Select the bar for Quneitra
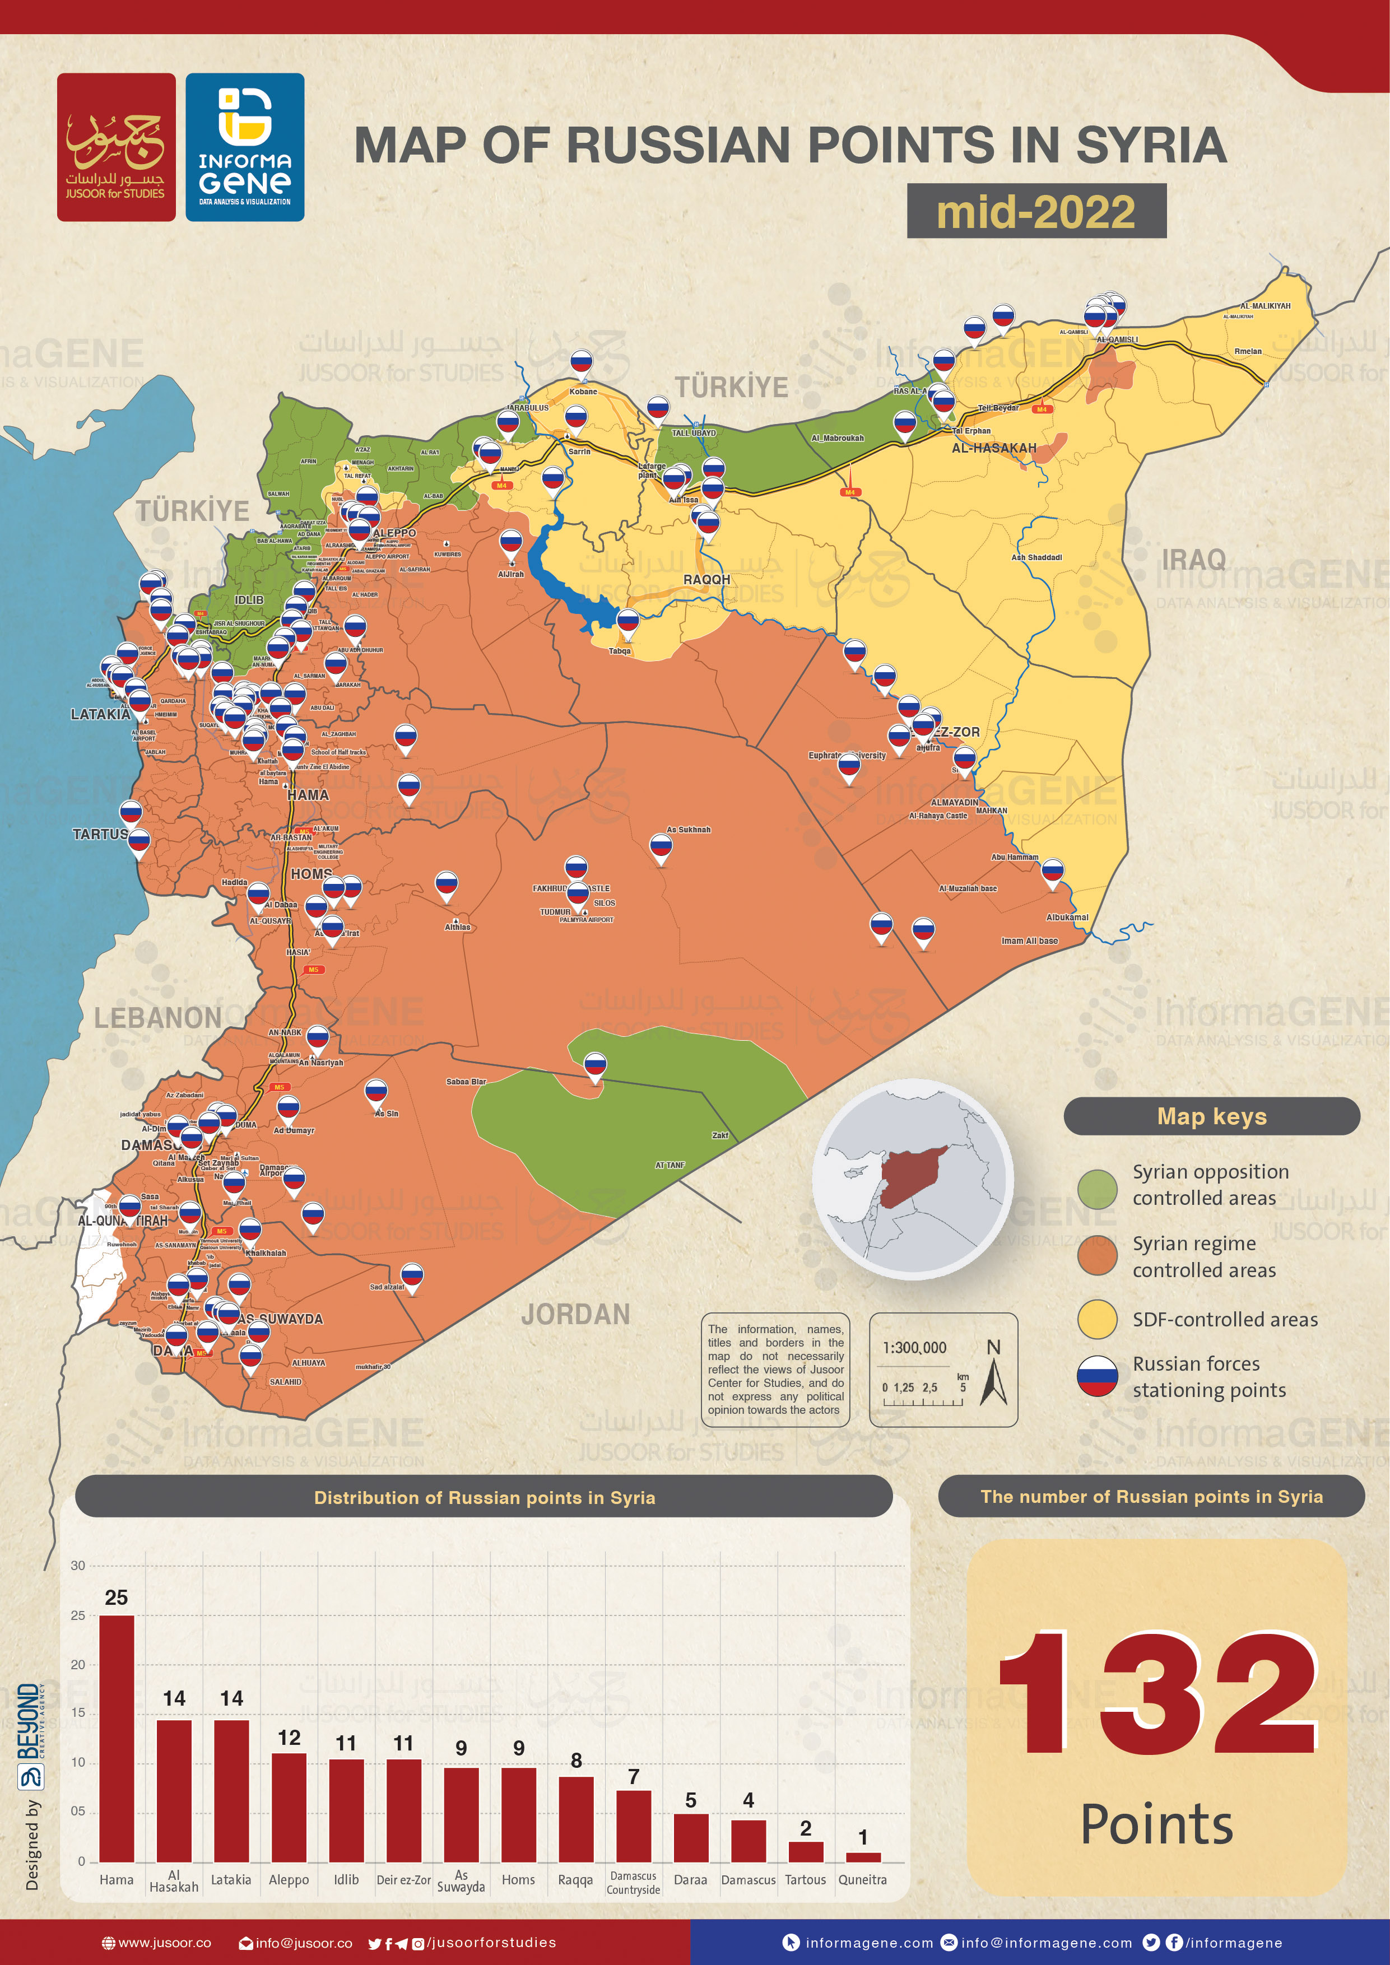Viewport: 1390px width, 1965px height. (x=863, y=1856)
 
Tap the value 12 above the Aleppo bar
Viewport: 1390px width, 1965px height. (x=289, y=1738)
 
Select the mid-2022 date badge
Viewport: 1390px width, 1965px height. (x=1036, y=211)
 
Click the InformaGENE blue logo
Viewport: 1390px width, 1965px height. (x=245, y=147)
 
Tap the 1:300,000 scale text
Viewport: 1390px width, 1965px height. (x=914, y=1348)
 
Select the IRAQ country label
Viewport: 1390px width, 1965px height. (x=1193, y=560)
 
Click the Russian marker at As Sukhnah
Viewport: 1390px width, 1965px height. (x=661, y=848)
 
